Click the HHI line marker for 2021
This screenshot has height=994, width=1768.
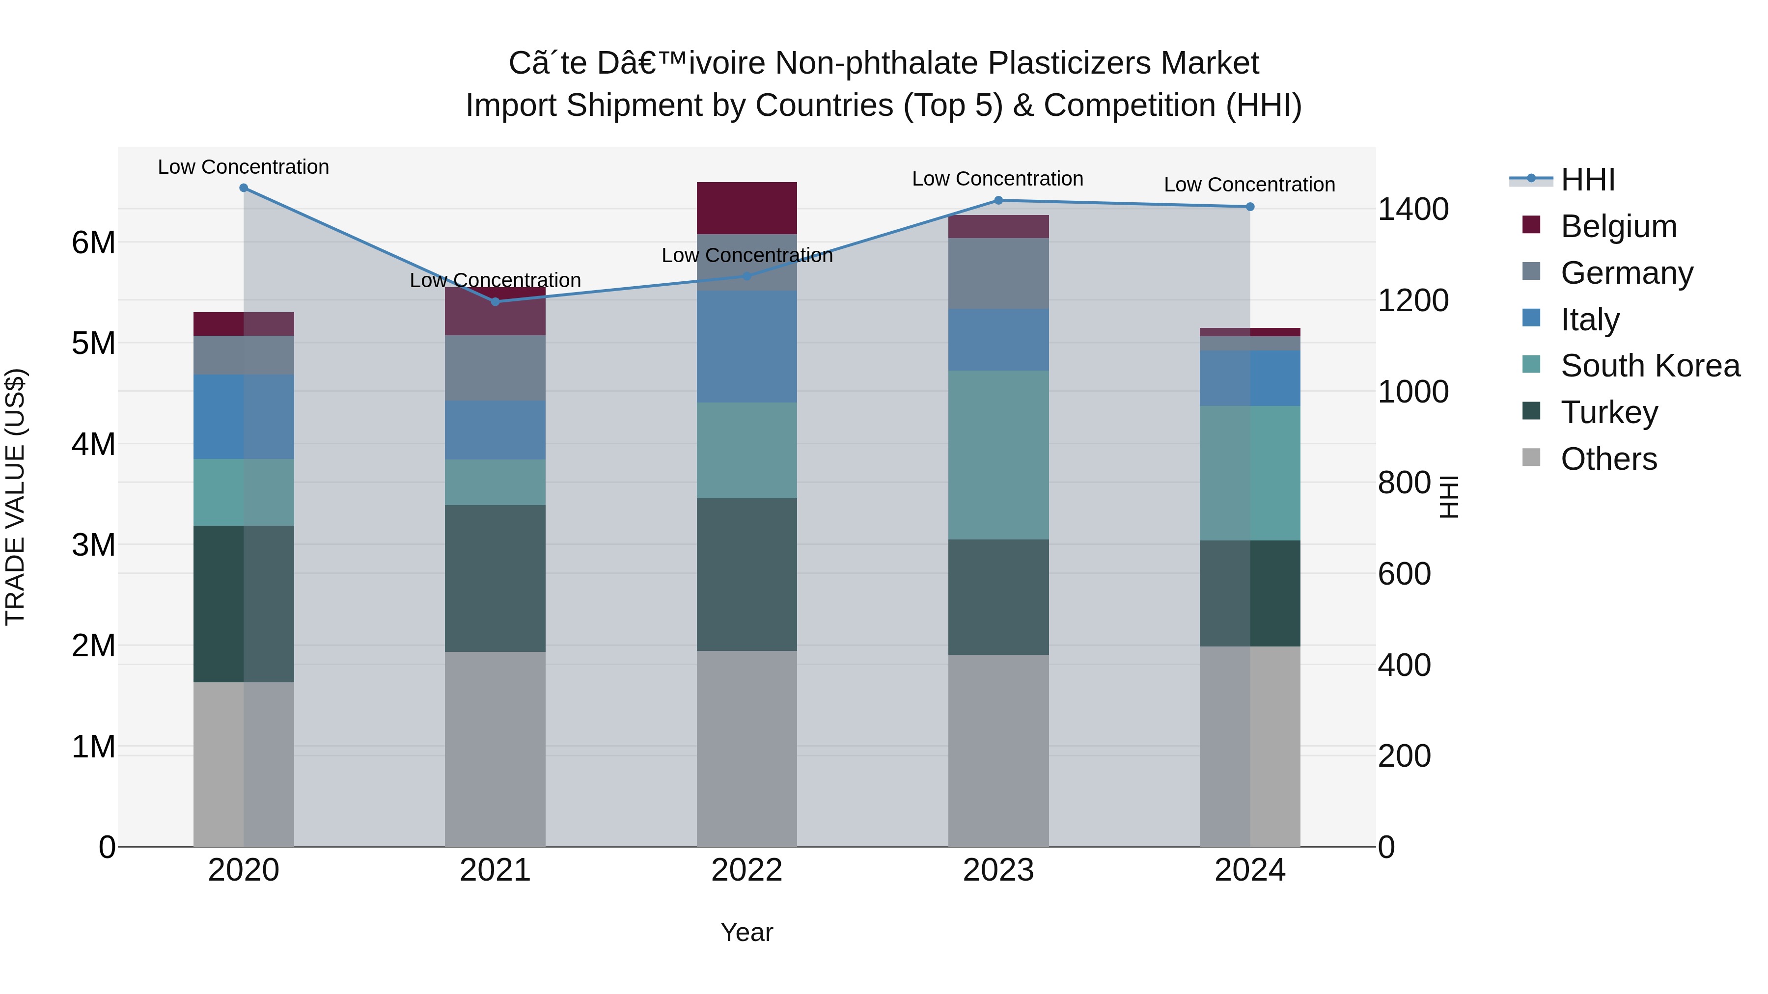tap(495, 302)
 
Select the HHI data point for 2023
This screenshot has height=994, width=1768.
tap(998, 200)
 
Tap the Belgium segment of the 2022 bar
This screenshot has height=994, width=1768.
tap(746, 208)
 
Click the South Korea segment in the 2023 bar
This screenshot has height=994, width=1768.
tap(998, 455)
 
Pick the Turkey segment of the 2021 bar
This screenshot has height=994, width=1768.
tap(495, 578)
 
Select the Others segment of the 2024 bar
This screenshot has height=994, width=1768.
tap(1250, 746)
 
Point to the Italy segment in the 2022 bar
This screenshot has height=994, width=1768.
tap(746, 347)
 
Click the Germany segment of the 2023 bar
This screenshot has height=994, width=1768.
tap(998, 273)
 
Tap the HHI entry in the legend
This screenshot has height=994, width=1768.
tap(1587, 180)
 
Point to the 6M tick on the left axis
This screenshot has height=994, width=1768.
tap(93, 242)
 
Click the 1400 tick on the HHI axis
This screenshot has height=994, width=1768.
tap(1413, 209)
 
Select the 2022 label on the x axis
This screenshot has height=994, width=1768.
tap(746, 870)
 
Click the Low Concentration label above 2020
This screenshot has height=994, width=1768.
tap(244, 167)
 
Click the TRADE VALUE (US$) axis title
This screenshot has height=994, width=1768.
tap(15, 497)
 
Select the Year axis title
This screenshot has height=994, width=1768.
tap(746, 932)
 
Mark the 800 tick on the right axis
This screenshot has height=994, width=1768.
tap(1404, 483)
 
